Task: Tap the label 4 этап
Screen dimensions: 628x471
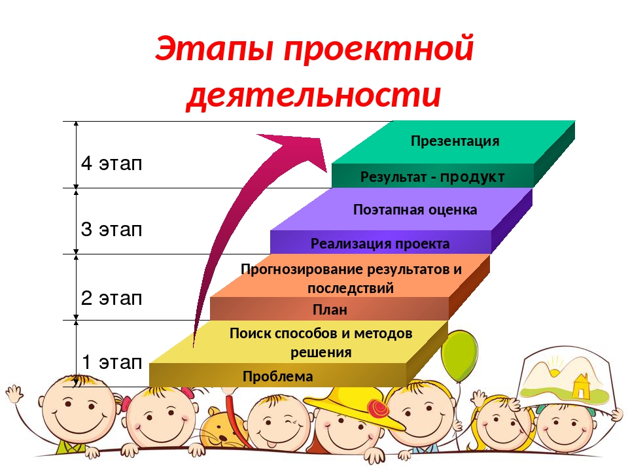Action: coord(111,164)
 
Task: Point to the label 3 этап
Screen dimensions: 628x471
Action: coord(111,230)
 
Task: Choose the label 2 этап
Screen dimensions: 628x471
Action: coord(111,298)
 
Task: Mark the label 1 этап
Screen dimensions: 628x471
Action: coord(111,362)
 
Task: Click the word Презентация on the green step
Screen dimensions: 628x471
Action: coord(455,141)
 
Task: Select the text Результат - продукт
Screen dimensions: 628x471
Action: coord(432,177)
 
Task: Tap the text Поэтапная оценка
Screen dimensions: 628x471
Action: coord(415,210)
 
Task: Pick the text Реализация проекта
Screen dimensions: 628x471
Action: coord(380,244)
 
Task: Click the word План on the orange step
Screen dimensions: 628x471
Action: coord(330,309)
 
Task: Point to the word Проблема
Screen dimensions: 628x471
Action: coord(277,377)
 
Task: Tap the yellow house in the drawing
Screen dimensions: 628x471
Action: coord(580,386)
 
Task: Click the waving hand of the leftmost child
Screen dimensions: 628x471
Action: coord(14,394)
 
